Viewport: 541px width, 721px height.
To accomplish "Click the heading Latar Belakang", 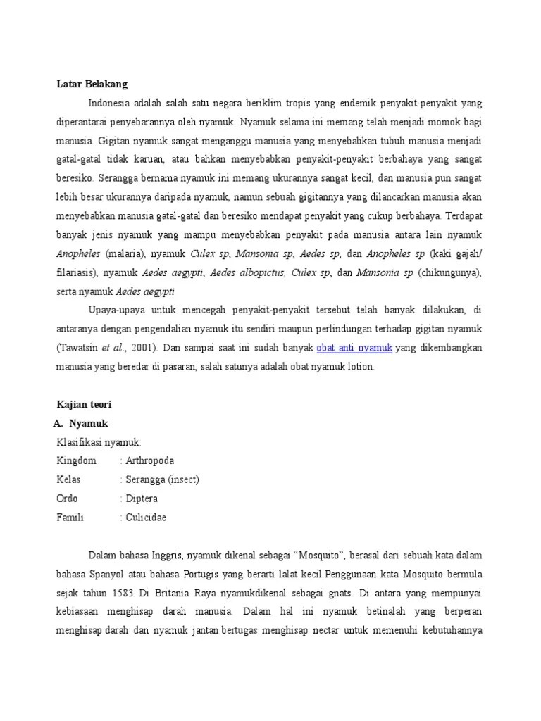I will (92, 84).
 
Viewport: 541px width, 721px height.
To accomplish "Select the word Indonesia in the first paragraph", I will (113, 103).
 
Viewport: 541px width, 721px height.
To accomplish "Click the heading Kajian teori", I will (84, 405).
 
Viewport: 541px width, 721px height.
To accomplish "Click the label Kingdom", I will (76, 460).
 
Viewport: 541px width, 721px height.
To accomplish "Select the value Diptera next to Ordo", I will (142, 499).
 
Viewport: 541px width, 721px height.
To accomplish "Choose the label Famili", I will (70, 518).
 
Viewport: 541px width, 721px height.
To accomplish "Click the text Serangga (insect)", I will (163, 479).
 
